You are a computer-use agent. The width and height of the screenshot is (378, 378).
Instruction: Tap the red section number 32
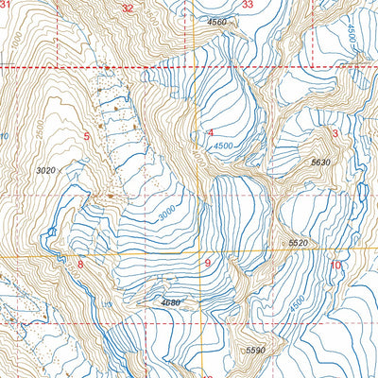coord(128,7)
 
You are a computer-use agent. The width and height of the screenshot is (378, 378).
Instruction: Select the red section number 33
coord(248,5)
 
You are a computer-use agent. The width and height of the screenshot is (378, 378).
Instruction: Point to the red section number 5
coord(87,138)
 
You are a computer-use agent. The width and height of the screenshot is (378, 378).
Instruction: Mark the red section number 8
coord(80,265)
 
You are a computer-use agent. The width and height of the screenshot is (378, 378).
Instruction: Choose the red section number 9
coord(207,264)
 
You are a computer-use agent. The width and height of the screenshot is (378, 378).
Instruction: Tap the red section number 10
coord(335,265)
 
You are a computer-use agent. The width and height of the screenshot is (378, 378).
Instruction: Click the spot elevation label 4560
coord(218,21)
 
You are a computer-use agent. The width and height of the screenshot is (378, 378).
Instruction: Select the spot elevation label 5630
coord(320,163)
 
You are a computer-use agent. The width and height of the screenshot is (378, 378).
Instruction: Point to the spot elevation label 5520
coord(299,244)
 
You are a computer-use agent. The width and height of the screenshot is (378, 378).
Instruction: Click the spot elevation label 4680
coord(171,302)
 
